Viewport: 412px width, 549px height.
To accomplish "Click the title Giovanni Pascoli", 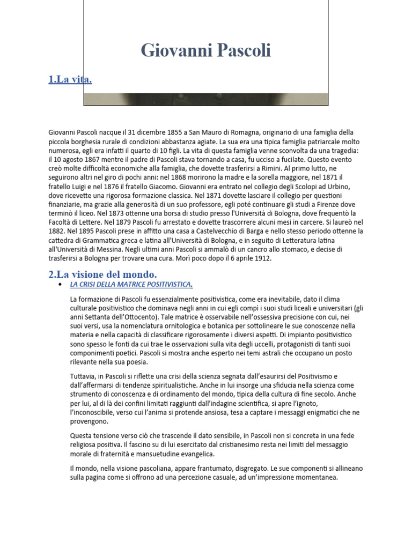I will click(205, 51).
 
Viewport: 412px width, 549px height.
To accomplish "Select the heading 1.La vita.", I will click(70, 80).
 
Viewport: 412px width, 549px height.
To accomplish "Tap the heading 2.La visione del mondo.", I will click(102, 274).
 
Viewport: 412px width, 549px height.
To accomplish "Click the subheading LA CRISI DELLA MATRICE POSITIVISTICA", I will click(131, 284).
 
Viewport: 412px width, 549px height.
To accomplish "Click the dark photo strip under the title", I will click(205, 99).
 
